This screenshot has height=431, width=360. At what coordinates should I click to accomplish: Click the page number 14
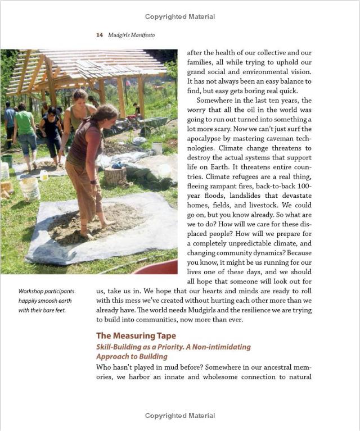pos(99,35)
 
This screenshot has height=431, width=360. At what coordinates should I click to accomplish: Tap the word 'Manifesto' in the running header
pos(141,35)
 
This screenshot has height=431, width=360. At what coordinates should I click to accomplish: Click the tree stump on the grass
pos(115,176)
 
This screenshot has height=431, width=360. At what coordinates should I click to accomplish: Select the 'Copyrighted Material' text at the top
pos(179,17)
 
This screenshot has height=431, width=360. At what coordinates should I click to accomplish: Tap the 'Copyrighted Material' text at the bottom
pos(179,416)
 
